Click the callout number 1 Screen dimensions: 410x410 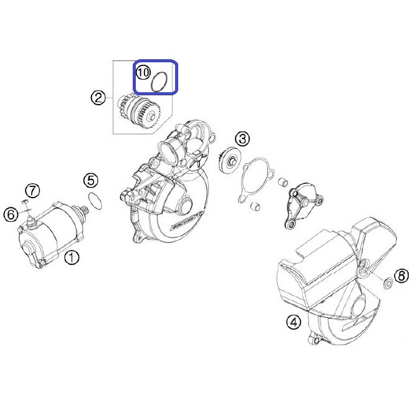tap(72, 257)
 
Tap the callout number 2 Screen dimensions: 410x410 tap(98, 98)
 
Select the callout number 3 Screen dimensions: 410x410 tap(242, 139)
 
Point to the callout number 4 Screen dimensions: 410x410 tap(293, 322)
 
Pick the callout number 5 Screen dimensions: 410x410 tap(91, 180)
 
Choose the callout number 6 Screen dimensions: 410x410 tap(11, 215)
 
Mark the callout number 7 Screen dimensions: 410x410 tap(32, 191)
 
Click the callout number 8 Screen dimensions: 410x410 tap(401, 275)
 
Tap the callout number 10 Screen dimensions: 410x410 tap(143, 72)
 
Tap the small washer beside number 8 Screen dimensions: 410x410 tap(388, 284)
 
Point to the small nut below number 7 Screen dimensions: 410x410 tap(24, 202)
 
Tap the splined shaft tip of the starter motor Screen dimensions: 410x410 tap(85, 210)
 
